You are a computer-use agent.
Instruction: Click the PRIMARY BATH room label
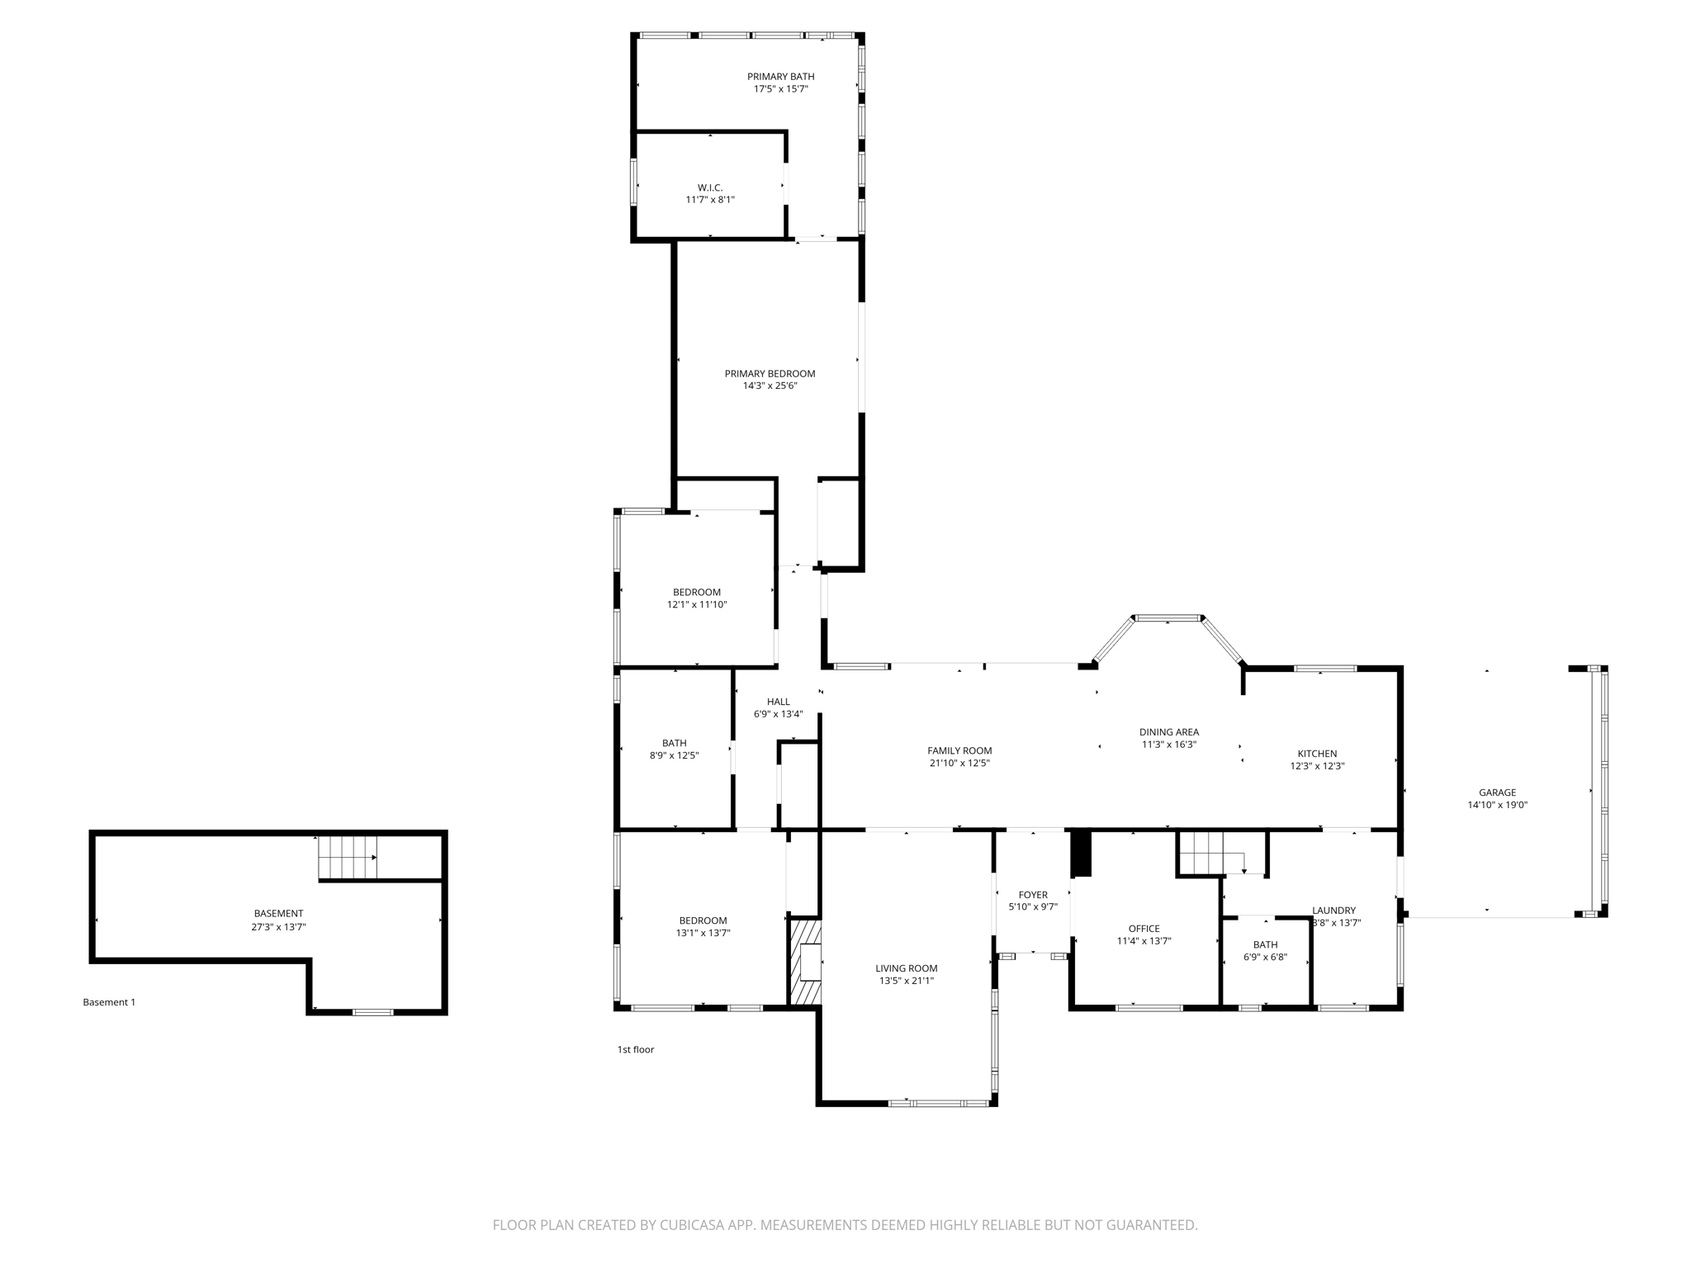780,77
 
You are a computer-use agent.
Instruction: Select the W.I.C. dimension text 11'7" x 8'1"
709,200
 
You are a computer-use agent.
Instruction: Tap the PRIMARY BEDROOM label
770,374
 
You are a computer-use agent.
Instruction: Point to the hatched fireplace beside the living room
806,962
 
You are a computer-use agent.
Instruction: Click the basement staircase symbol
348,858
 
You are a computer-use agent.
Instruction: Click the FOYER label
1032,895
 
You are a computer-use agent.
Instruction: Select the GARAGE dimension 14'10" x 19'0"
1497,805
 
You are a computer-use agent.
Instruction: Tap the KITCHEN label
1317,754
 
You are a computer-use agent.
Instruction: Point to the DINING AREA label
1168,732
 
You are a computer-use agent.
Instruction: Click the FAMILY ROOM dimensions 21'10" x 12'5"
959,764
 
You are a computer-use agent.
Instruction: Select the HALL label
778,702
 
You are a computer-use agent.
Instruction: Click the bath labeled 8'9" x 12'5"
674,749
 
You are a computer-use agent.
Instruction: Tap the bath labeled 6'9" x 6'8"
1265,951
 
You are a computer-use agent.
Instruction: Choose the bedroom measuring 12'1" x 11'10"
697,599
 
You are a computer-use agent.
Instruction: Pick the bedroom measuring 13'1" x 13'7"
703,927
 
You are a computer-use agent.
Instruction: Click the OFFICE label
1144,929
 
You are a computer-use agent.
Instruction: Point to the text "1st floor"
635,1050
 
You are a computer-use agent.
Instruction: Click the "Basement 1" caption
109,1002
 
